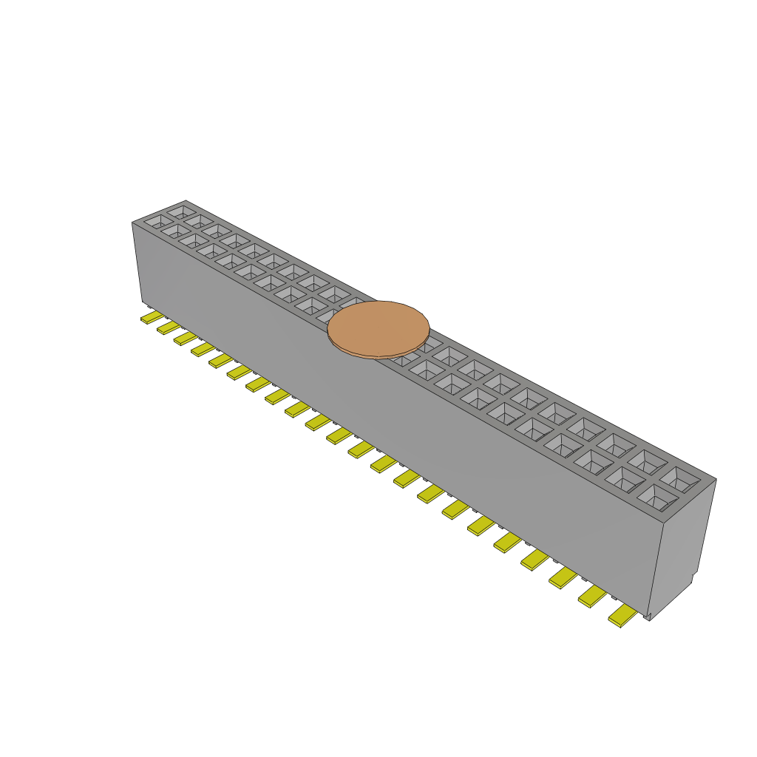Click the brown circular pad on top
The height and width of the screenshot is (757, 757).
[378, 327]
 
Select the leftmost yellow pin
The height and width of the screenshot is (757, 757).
[152, 317]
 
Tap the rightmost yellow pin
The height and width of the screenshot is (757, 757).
[622, 615]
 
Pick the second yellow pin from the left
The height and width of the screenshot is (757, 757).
[168, 327]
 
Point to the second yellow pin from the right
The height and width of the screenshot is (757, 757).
[593, 596]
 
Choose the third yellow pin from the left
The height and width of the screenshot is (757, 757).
[185, 338]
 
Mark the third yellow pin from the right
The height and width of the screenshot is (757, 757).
[563, 577]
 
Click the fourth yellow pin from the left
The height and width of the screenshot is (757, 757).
[202, 349]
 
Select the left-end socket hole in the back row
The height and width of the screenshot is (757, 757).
[181, 211]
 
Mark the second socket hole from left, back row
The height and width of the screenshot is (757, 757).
[199, 220]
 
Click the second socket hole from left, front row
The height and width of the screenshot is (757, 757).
[175, 231]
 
